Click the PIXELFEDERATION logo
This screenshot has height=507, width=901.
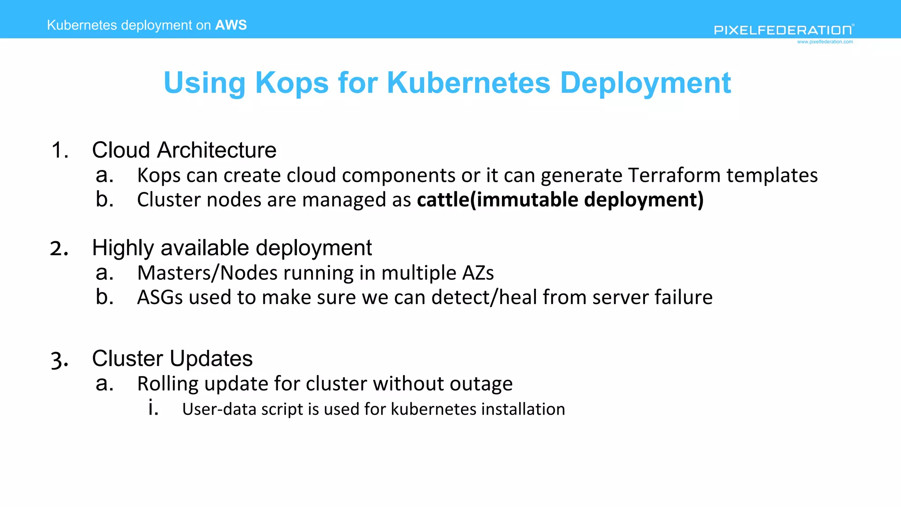pos(784,30)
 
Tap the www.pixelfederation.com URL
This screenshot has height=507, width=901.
pos(825,42)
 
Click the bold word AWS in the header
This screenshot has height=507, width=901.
pos(231,25)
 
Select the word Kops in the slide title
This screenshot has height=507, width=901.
pos(292,83)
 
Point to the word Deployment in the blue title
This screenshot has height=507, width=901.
pos(645,83)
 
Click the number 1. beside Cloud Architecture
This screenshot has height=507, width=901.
pos(60,151)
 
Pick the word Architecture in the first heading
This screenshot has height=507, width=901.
pos(217,151)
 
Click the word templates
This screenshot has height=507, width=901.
pos(772,175)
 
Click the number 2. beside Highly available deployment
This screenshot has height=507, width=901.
pos(59,249)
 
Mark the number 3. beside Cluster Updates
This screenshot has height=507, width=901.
pos(59,360)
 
